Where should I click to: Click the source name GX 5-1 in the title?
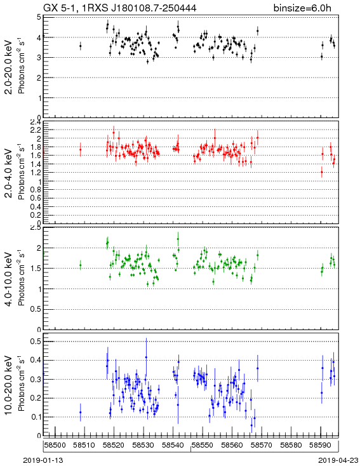click(61, 8)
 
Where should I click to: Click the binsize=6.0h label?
click(302, 8)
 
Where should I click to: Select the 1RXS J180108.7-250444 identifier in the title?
click(140, 8)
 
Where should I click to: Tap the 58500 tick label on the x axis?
click(55, 445)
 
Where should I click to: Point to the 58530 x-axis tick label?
click(143, 445)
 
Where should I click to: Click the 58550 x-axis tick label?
click(203, 445)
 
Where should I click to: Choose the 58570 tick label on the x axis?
click(262, 445)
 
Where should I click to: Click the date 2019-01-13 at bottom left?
click(43, 460)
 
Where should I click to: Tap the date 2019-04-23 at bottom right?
click(338, 460)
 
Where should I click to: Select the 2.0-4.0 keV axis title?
click(10, 173)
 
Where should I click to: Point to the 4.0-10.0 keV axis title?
click(10, 279)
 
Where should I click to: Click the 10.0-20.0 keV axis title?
click(10, 385)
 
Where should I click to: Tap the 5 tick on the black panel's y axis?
click(38, 17)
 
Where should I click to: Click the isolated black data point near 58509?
click(80, 46)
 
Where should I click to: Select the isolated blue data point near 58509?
click(80, 412)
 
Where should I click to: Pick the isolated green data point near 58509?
click(80, 265)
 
